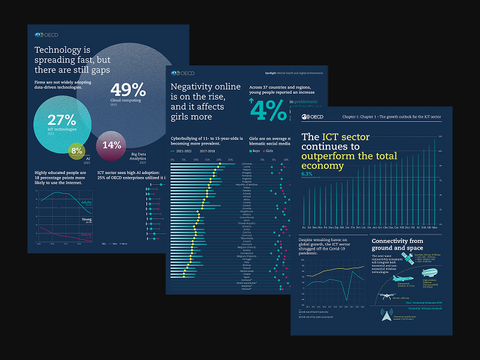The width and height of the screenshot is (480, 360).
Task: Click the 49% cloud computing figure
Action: click(x=128, y=90)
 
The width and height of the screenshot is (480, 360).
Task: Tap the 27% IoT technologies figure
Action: click(x=61, y=120)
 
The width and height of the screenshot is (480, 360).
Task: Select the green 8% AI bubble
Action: click(x=77, y=151)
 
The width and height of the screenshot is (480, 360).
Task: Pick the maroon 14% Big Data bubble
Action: click(x=112, y=145)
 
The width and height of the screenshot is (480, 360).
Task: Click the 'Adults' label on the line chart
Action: click(x=86, y=203)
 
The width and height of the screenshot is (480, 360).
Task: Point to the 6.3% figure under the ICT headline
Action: click(x=306, y=173)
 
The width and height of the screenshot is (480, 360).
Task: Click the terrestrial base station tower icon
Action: click(x=382, y=315)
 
